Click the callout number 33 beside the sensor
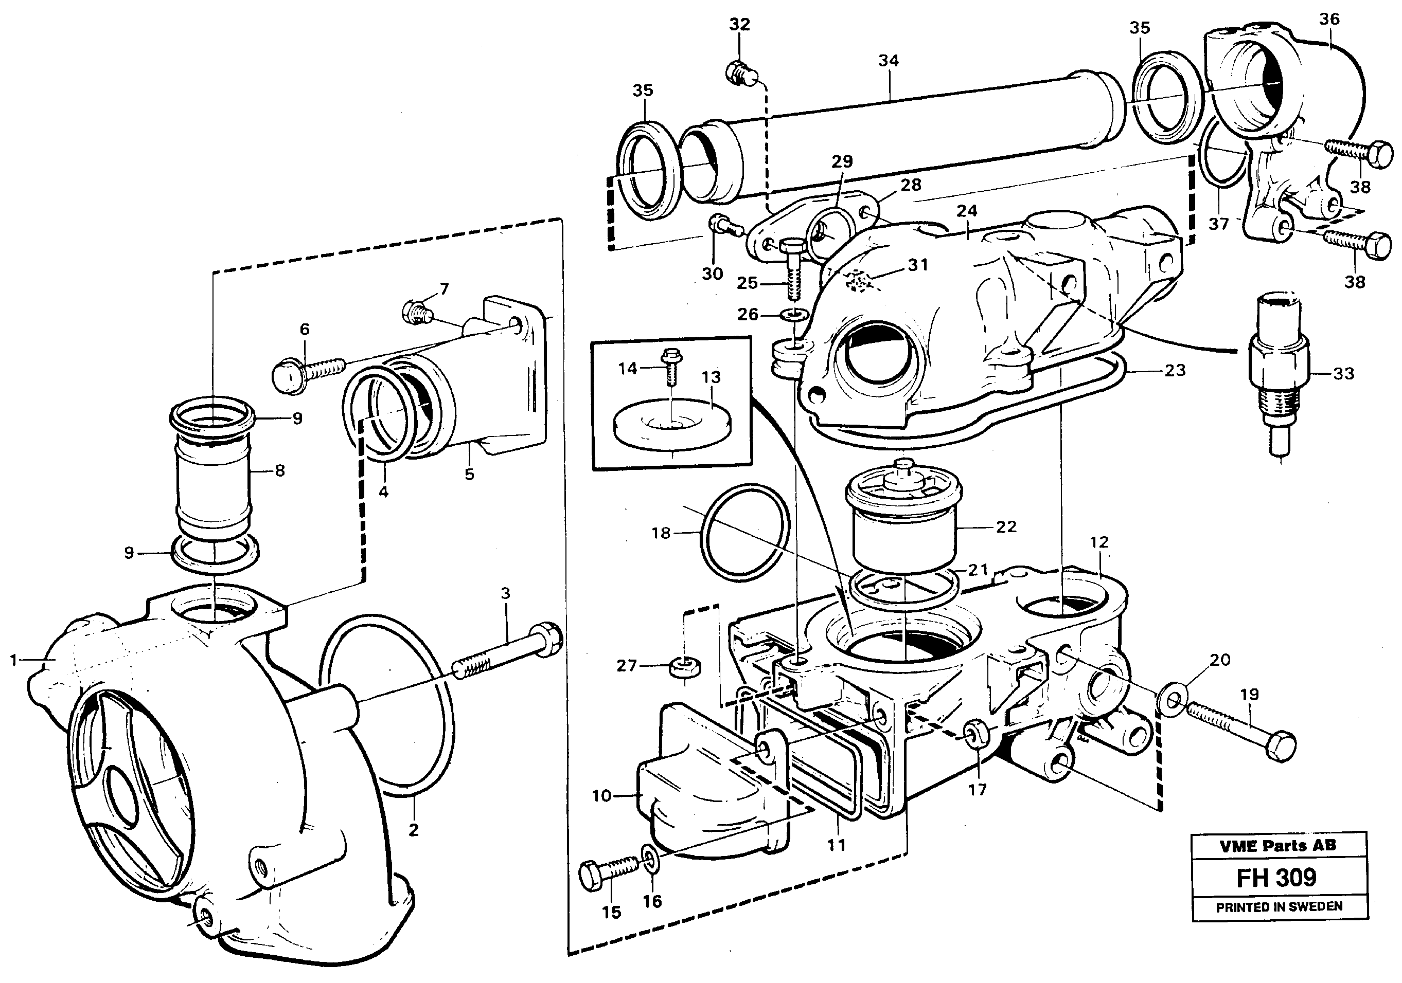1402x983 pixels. (1343, 373)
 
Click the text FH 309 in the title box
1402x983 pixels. (1276, 878)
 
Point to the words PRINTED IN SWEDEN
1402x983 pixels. (1279, 907)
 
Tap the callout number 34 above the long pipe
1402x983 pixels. (889, 60)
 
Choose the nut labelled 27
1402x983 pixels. (684, 667)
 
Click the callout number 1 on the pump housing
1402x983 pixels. (13, 660)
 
